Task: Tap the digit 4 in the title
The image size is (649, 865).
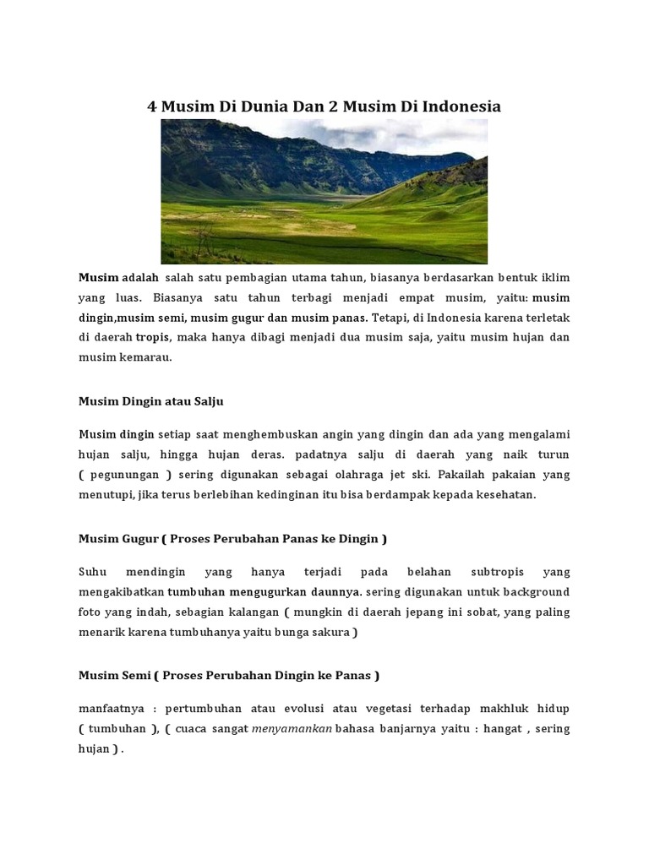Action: click(153, 107)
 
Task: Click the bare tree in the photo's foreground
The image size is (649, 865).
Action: click(200, 240)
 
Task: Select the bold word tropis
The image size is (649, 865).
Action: click(153, 338)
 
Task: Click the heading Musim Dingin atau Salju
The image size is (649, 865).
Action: click(150, 401)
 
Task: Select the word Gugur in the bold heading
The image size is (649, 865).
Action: click(136, 539)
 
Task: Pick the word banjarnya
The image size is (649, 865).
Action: click(401, 729)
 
